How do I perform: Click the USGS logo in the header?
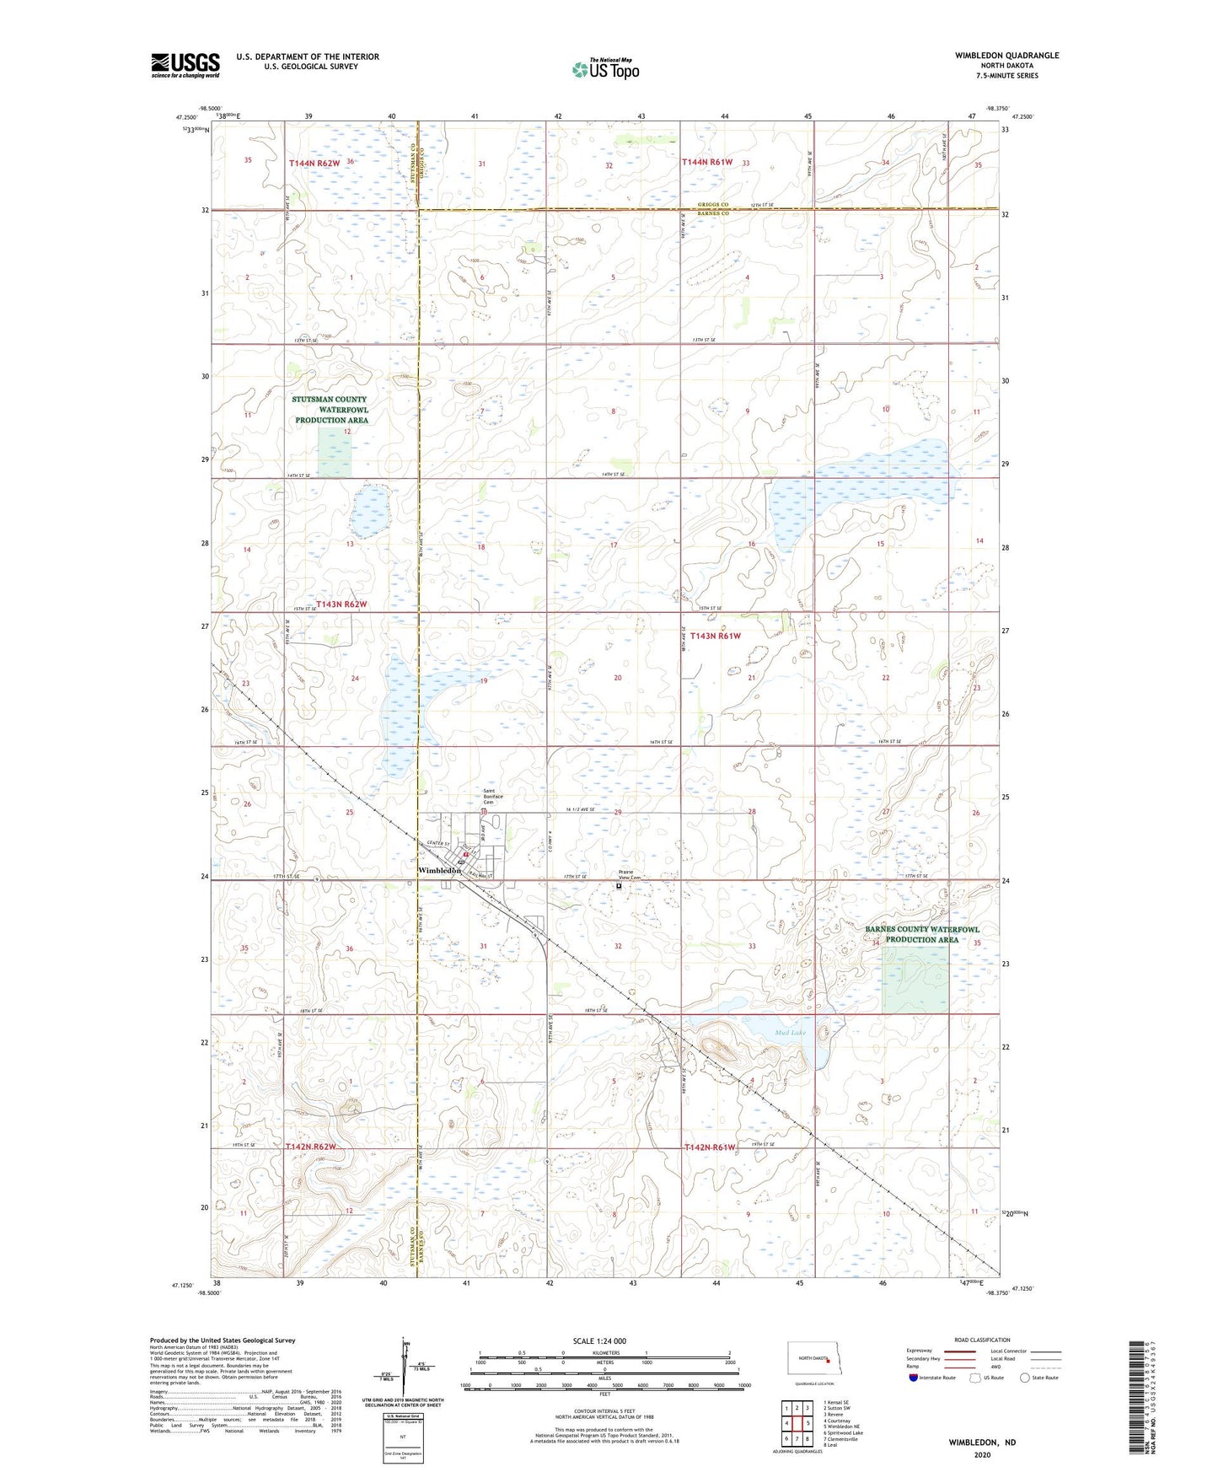185,65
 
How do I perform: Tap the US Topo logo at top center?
605,69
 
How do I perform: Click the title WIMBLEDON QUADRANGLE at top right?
1006,56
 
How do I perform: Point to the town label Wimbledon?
439,870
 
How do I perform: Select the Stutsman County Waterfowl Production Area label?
330,410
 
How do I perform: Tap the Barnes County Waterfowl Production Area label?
921,934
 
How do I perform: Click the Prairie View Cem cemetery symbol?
618,886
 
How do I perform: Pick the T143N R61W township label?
715,636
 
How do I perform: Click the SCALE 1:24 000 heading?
598,1341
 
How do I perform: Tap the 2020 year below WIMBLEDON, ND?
981,1455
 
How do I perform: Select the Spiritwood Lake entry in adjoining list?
844,1432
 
